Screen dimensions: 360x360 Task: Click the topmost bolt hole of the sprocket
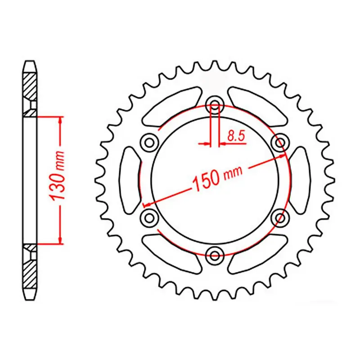tap(215, 107)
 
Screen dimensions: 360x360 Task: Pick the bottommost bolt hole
tap(215, 256)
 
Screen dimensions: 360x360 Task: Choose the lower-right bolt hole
tap(281, 218)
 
